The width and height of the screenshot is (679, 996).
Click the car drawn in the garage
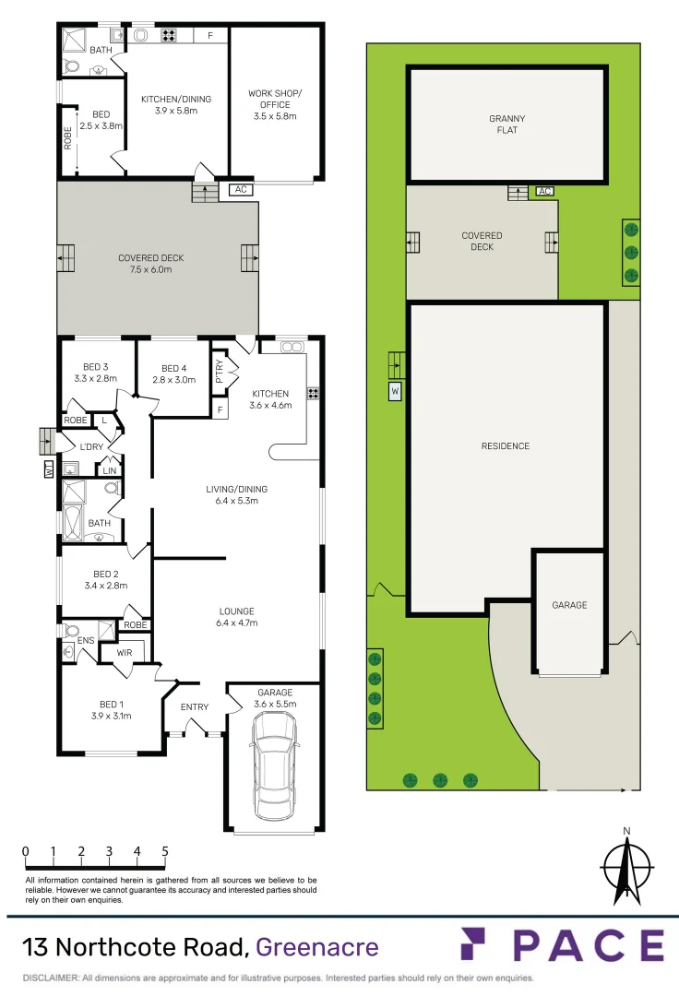coord(274,762)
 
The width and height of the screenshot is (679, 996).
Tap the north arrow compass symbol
coord(626,866)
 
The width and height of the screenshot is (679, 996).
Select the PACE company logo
coord(562,945)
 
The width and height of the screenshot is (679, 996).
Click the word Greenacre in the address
coord(316,947)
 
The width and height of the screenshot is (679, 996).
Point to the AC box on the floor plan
coord(241,190)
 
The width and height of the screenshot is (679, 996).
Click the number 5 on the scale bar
coord(165,851)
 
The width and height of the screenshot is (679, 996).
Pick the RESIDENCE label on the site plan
coord(506,446)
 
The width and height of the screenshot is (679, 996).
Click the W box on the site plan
coord(395,392)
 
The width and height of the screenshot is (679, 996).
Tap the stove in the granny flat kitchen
coord(170,36)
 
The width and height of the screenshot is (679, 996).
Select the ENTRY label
coord(194,707)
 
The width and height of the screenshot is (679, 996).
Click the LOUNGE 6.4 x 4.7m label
coord(236,617)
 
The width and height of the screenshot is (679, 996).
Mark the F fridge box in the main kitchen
coord(220,409)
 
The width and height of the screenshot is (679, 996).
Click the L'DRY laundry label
coord(90,446)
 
